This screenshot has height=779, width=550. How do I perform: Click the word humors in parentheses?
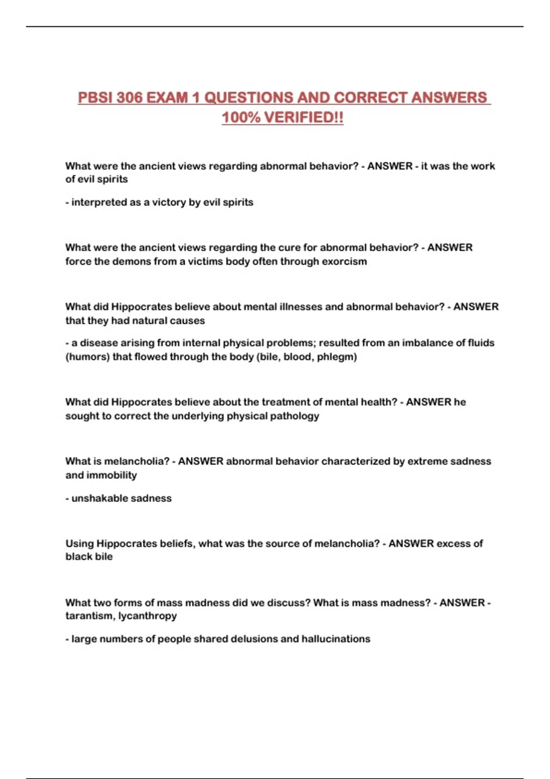(87, 357)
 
